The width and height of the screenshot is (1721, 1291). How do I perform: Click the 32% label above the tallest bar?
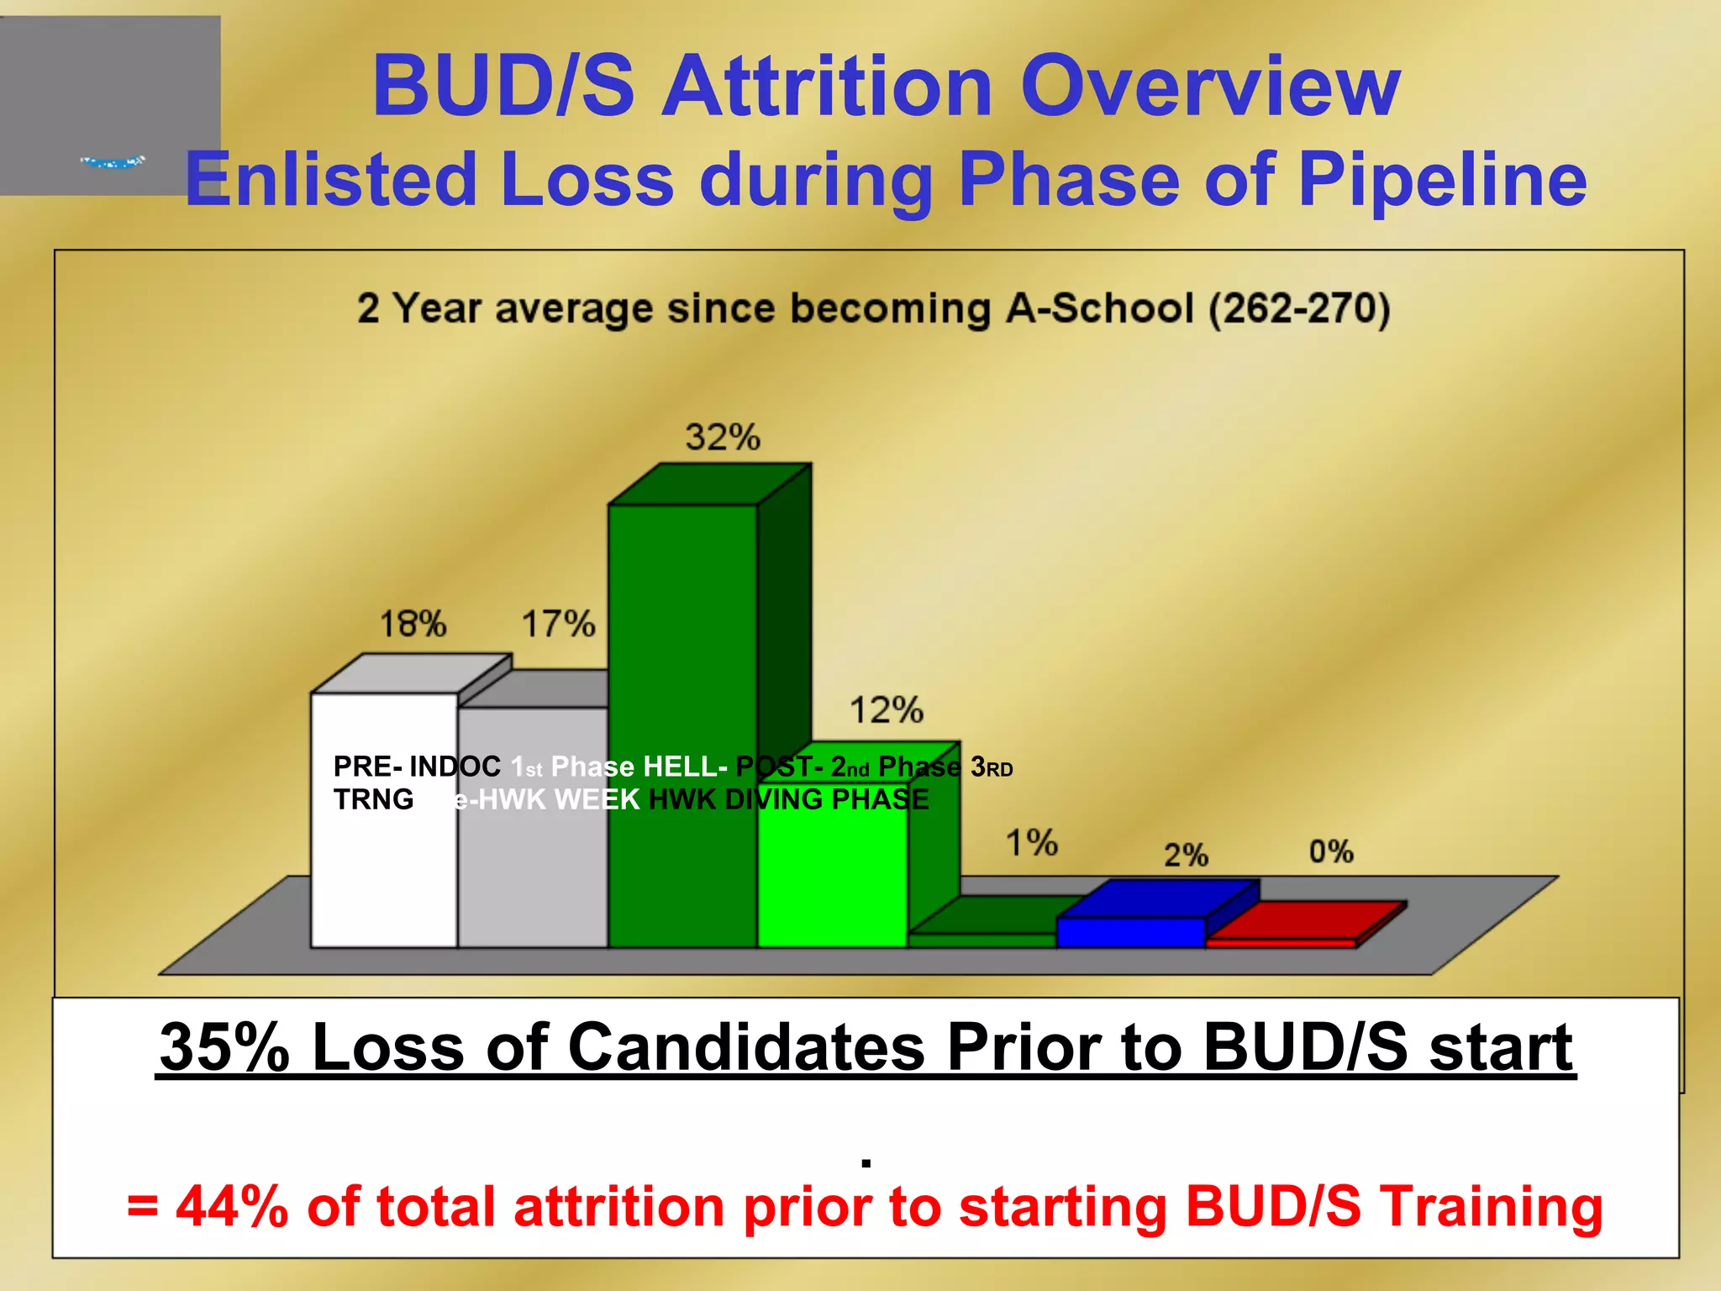[722, 438]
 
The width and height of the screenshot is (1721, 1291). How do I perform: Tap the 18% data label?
[413, 624]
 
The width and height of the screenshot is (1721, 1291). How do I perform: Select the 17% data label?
[558, 624]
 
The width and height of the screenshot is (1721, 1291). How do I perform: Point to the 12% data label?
[886, 710]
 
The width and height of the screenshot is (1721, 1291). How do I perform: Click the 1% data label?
[1032, 842]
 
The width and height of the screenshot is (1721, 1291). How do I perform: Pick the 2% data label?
[1186, 856]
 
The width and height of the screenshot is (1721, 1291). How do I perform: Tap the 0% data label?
[1331, 852]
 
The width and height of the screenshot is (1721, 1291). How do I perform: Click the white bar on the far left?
[384, 874]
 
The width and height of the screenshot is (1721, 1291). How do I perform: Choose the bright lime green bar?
[832, 883]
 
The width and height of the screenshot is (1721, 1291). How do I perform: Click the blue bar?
[1130, 931]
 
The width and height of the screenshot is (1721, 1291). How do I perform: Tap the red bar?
[1281, 943]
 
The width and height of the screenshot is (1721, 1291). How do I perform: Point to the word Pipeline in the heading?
[1442, 179]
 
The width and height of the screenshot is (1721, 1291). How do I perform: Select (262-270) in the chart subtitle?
[1299, 308]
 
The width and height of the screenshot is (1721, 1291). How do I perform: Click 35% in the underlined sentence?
[224, 1047]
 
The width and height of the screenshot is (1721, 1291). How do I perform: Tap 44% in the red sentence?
[232, 1206]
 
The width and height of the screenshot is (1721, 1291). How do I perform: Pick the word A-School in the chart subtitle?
[1100, 308]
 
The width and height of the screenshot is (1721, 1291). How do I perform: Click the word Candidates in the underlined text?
[748, 1047]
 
